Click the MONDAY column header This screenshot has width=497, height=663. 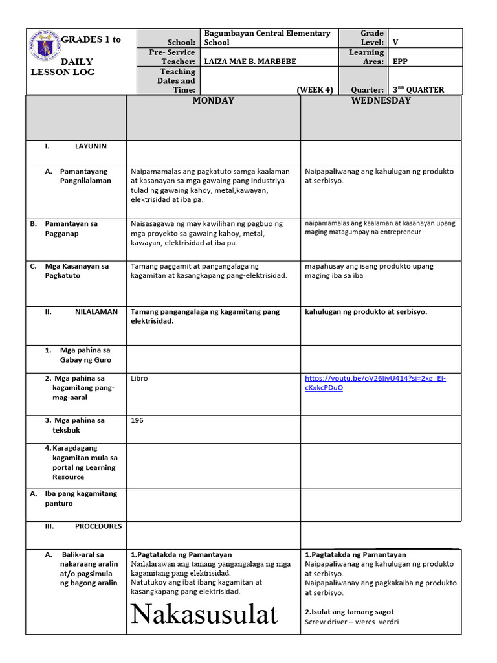point(213,101)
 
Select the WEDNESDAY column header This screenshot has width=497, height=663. point(381,101)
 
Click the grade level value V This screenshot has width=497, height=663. point(395,43)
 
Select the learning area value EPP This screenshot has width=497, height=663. point(401,62)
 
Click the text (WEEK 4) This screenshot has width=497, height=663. point(315,90)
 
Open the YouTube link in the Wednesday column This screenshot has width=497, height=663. point(375,383)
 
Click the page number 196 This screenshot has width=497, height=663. point(137,420)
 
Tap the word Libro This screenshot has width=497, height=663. point(139,378)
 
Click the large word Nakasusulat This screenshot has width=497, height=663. point(204,614)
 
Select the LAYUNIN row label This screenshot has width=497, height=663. point(91,146)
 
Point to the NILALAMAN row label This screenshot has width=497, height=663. point(96,311)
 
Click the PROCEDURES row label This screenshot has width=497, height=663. point(98,526)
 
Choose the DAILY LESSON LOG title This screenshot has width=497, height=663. point(63,67)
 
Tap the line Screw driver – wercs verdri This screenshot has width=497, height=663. point(352,622)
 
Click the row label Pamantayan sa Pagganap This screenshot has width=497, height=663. point(71,229)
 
